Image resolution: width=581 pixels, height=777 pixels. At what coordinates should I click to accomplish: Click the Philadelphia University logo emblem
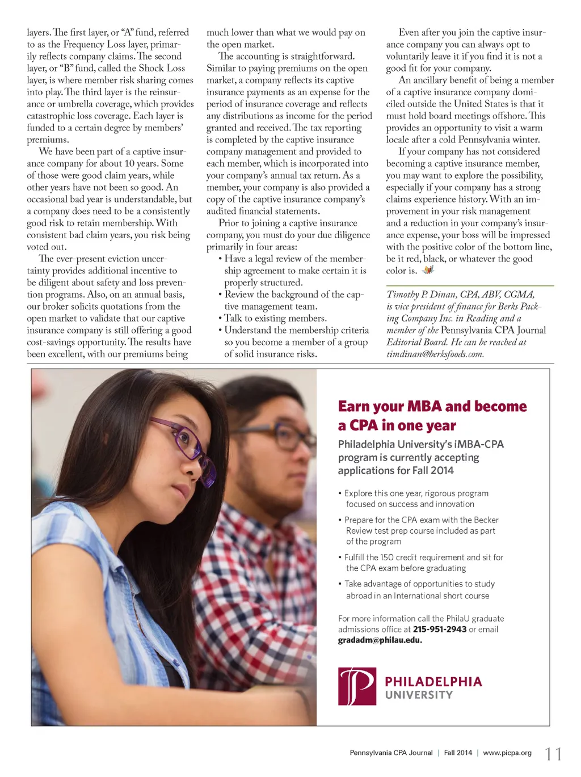pyautogui.click(x=357, y=686)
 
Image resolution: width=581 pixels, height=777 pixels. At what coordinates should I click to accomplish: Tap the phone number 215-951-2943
pyautogui.click(x=440, y=629)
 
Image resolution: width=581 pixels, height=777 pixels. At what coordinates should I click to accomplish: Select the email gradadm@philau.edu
pyautogui.click(x=380, y=640)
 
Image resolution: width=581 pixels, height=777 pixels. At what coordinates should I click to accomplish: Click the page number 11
pyautogui.click(x=553, y=754)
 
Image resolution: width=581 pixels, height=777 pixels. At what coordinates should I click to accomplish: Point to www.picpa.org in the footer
pyautogui.click(x=507, y=753)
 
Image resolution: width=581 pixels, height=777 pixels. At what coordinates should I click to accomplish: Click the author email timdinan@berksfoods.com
pyautogui.click(x=435, y=354)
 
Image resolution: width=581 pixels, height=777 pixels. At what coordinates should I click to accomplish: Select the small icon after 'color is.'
pyautogui.click(x=428, y=270)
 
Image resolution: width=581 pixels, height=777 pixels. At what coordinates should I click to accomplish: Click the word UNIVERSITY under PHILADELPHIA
pyautogui.click(x=419, y=695)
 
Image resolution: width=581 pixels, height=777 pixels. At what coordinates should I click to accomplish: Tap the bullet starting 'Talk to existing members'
pyautogui.click(x=275, y=318)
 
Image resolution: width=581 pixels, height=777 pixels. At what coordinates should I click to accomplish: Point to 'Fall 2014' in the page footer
pyautogui.click(x=458, y=753)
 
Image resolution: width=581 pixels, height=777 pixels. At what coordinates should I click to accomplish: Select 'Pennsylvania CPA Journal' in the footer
pyautogui.click(x=391, y=753)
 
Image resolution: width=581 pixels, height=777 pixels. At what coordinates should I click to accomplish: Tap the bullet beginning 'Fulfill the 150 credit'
pyautogui.click(x=423, y=558)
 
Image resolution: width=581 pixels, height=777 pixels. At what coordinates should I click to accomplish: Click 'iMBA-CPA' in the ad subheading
pyautogui.click(x=479, y=444)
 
